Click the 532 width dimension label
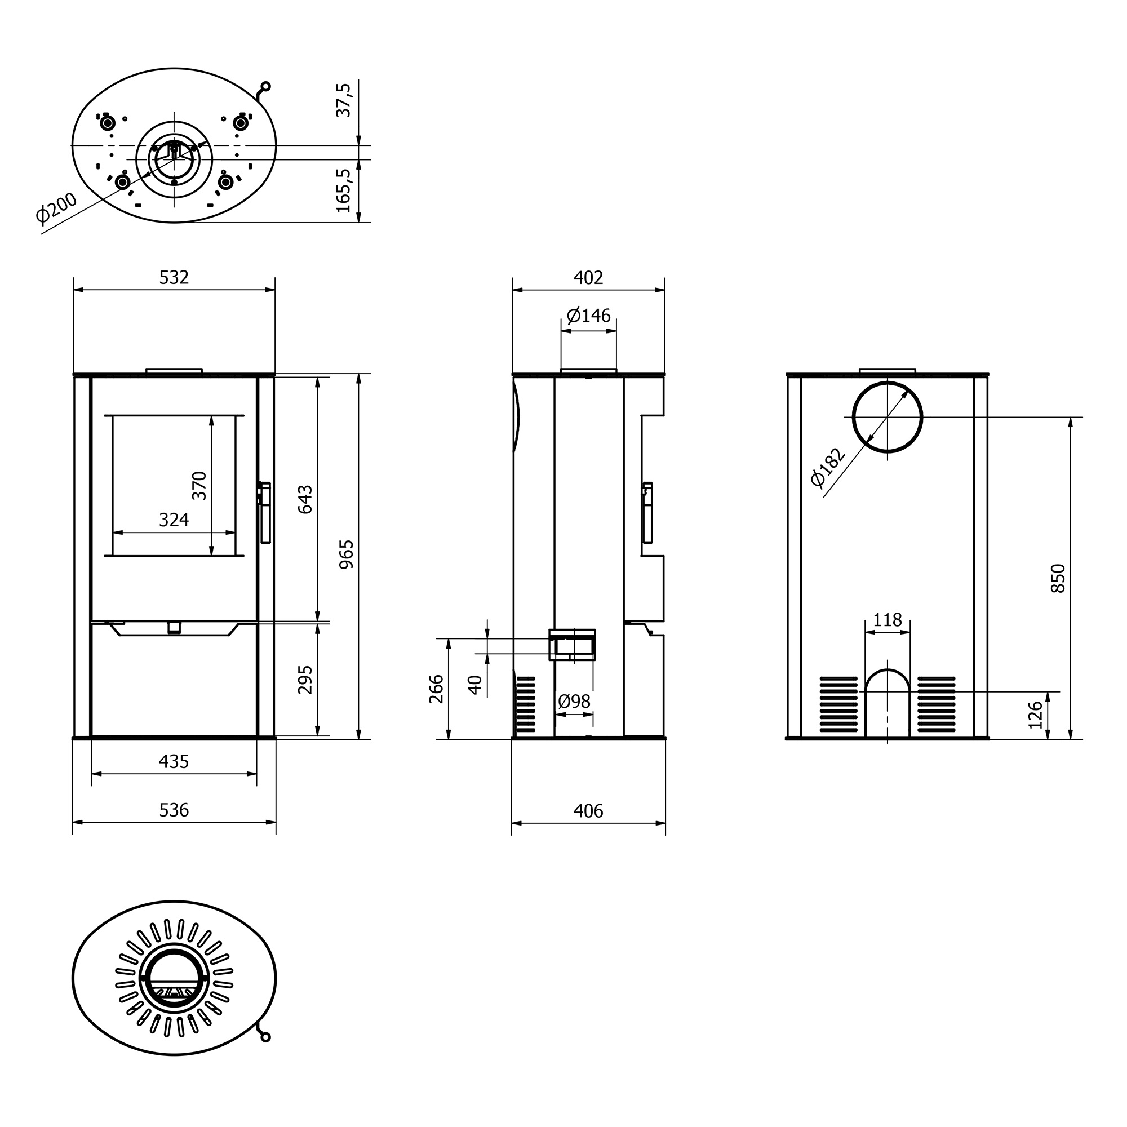coord(174,277)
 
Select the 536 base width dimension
coord(174,810)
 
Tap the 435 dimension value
coord(174,761)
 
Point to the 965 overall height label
coord(347,554)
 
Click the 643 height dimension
coord(305,499)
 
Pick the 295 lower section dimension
coord(305,680)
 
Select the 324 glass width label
coord(174,519)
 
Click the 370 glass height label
coord(199,485)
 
